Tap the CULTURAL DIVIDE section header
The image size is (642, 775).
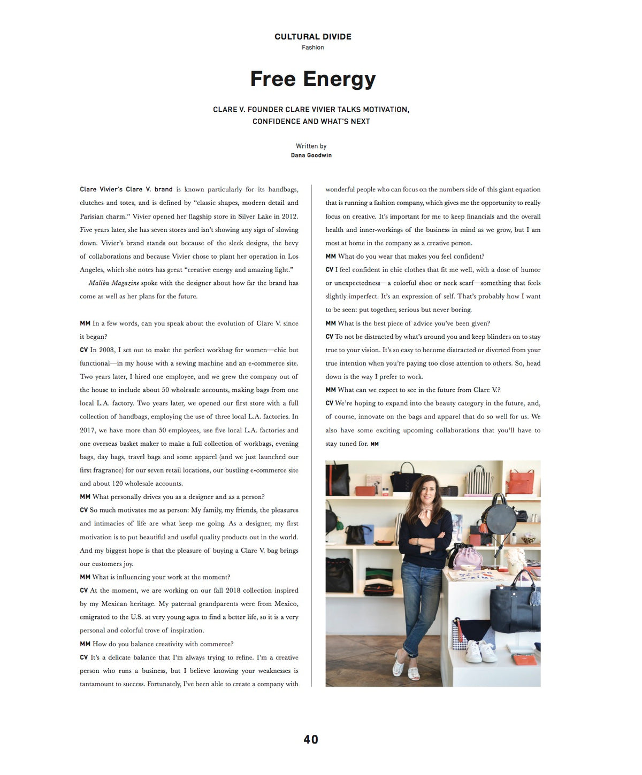(313, 36)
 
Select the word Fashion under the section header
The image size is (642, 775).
(312, 48)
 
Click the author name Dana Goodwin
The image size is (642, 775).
(311, 156)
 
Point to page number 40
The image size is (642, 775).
(311, 739)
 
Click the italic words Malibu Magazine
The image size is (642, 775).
(113, 283)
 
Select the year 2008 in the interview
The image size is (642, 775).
(106, 350)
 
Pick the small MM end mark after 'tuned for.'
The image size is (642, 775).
(374, 444)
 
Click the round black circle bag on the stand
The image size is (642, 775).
(499, 516)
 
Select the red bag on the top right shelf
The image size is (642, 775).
(521, 482)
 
